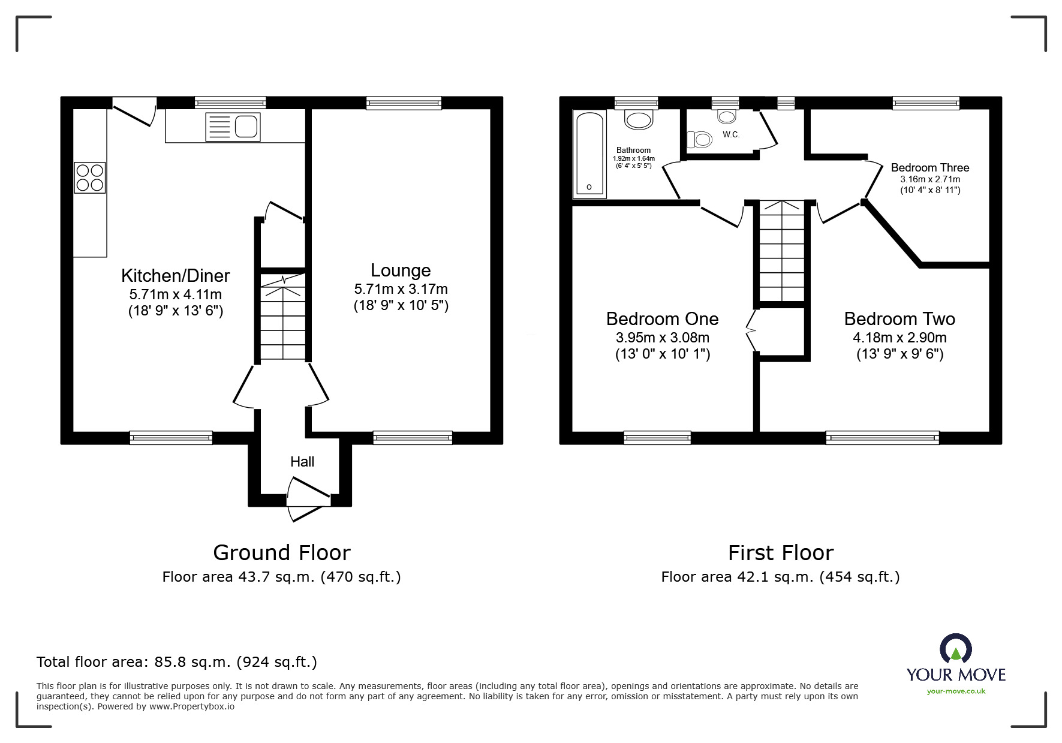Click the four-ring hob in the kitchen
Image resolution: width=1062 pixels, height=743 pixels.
90,178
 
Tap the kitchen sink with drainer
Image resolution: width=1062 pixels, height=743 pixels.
233,127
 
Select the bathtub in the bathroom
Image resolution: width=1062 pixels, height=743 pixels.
591,154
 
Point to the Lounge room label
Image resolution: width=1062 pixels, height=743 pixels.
401,270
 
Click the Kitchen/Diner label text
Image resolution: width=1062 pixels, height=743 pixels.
175,276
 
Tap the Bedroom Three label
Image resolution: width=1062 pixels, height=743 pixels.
929,168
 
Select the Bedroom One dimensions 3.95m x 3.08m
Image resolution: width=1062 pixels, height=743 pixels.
662,338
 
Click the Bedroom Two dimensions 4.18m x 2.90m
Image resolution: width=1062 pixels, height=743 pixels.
899,338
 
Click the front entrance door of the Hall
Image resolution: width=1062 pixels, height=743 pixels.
308,498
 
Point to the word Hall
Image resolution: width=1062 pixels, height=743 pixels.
302,462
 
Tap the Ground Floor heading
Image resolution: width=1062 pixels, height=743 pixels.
281,552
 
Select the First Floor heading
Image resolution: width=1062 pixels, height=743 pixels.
780,552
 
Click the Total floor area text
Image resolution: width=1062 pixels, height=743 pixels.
177,662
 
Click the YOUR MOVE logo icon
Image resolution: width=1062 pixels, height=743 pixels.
955,649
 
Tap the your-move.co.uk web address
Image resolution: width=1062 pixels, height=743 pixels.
956,691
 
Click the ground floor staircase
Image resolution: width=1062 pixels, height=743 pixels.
283,318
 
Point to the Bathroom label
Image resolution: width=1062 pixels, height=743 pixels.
633,151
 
